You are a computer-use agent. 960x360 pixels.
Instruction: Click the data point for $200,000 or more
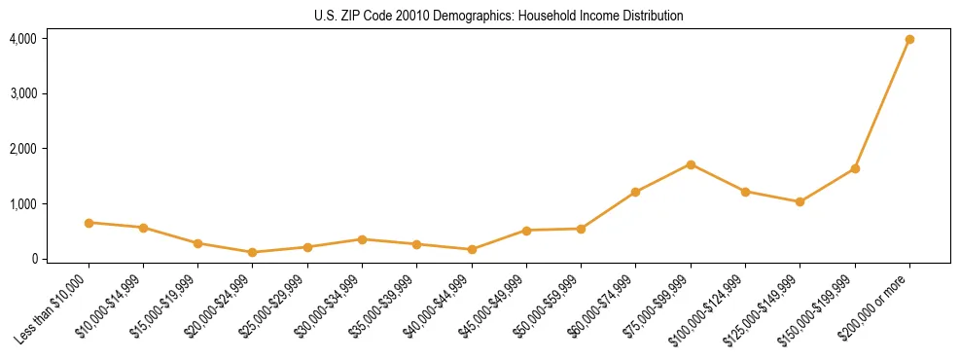pyautogui.click(x=909, y=39)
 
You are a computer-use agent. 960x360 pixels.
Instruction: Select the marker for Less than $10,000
pyautogui.click(x=89, y=223)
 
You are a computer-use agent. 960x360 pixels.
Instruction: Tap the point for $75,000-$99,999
pyautogui.click(x=691, y=164)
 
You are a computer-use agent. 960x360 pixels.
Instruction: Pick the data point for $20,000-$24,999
pyautogui.click(x=253, y=252)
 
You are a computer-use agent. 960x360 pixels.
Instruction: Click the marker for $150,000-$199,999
pyautogui.click(x=855, y=168)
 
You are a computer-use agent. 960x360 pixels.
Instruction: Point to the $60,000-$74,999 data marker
pyautogui.click(x=635, y=192)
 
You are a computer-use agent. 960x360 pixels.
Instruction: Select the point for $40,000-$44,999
pyautogui.click(x=472, y=249)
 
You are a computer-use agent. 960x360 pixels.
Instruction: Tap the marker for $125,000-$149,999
pyautogui.click(x=800, y=201)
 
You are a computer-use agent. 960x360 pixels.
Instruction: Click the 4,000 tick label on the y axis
pyautogui.click(x=23, y=39)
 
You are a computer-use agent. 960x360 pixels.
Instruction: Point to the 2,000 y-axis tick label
pyautogui.click(x=23, y=149)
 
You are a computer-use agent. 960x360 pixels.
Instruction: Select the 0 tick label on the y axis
pyautogui.click(x=33, y=259)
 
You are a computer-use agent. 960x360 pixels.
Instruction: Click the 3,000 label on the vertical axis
pyautogui.click(x=23, y=94)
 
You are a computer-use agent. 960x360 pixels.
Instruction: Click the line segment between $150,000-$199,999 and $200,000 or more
pyautogui.click(x=882, y=104)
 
